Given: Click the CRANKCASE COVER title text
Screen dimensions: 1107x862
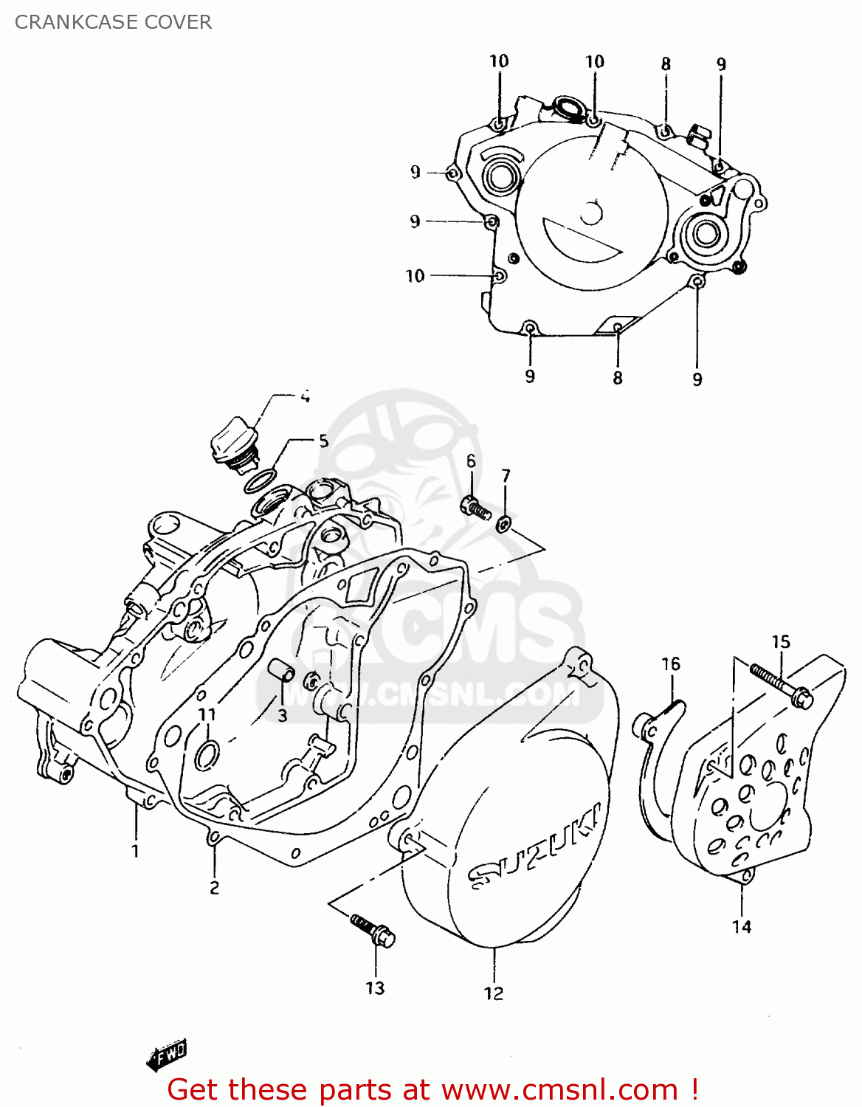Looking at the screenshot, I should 113,22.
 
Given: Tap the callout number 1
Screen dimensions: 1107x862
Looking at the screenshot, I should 135,852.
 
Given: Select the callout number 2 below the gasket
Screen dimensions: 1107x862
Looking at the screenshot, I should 214,887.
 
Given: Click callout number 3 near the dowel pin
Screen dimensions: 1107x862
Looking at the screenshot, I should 282,715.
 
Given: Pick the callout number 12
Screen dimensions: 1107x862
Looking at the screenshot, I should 494,993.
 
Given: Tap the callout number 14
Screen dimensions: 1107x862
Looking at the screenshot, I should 742,926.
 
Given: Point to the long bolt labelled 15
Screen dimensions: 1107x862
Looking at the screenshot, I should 781,684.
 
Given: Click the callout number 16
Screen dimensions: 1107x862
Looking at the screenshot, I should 670,664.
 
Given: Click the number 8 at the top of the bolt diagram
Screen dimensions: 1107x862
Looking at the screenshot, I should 666,64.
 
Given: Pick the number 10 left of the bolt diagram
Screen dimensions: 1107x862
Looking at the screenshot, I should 415,276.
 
